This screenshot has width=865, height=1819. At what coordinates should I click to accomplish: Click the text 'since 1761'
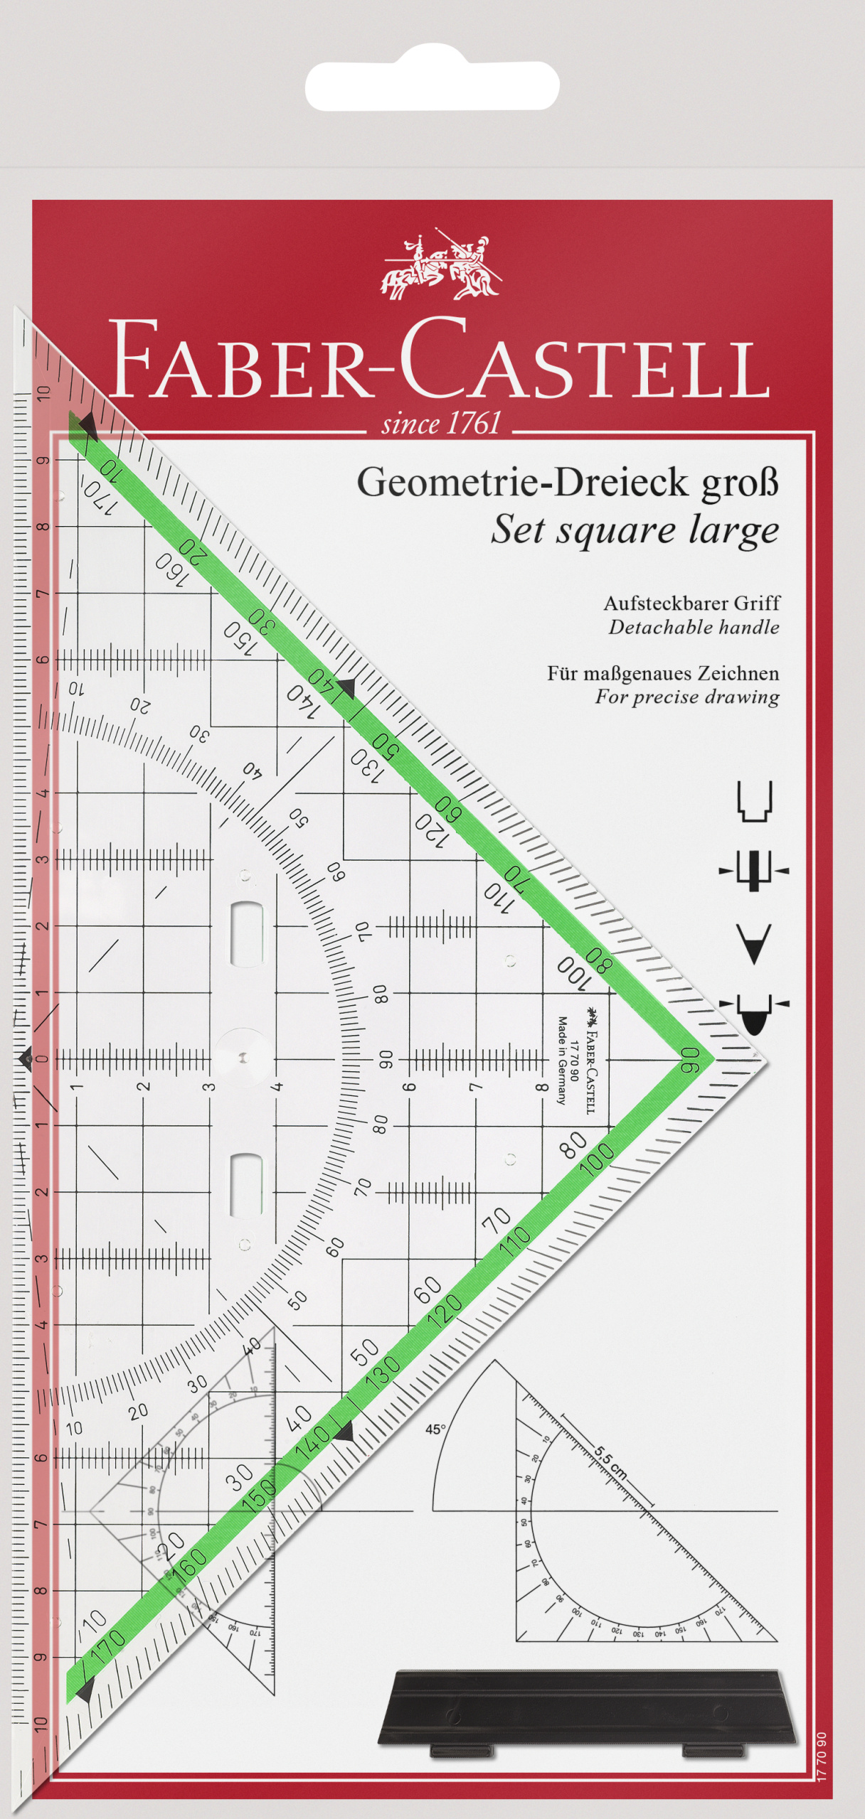click(x=441, y=424)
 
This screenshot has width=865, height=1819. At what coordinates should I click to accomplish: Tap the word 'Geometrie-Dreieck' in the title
click(x=522, y=483)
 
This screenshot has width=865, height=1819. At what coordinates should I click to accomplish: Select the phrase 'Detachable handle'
click(x=694, y=628)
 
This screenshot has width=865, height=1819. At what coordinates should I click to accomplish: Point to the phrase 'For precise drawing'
click(x=686, y=697)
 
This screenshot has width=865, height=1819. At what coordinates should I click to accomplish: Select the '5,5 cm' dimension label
click(x=610, y=1462)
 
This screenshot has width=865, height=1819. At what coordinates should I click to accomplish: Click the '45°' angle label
click(x=435, y=1429)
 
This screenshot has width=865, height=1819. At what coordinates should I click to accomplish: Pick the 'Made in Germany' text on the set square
click(x=562, y=1060)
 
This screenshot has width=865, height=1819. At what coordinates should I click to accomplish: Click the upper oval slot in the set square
click(x=246, y=934)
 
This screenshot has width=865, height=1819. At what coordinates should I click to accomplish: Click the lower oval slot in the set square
click(x=246, y=1185)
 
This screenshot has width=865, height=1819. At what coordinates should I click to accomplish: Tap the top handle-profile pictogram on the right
click(x=754, y=801)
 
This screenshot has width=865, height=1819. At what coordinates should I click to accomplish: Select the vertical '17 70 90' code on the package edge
click(x=822, y=1756)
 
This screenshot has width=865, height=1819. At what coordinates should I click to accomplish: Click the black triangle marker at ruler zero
click(x=25, y=1059)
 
